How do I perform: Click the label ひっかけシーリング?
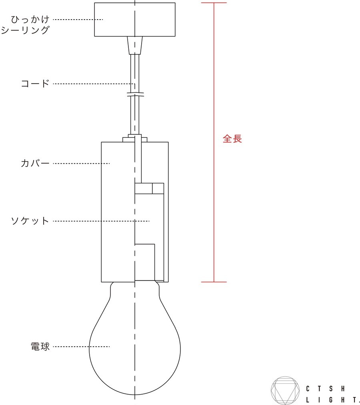25,25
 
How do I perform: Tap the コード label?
35,83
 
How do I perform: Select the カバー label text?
35,163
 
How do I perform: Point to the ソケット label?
30,221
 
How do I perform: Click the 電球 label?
40,346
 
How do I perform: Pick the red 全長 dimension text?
232,139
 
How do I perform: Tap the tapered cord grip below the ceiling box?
135,46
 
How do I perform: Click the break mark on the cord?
135,95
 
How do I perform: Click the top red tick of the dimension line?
214,3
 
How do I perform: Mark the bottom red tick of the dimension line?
214,282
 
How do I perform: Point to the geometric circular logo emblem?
285,391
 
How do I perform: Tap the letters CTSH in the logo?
325,389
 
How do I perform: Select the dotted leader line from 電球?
81,347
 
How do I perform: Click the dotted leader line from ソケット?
101,221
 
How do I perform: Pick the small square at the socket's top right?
158,188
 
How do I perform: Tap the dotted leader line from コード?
94,84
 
